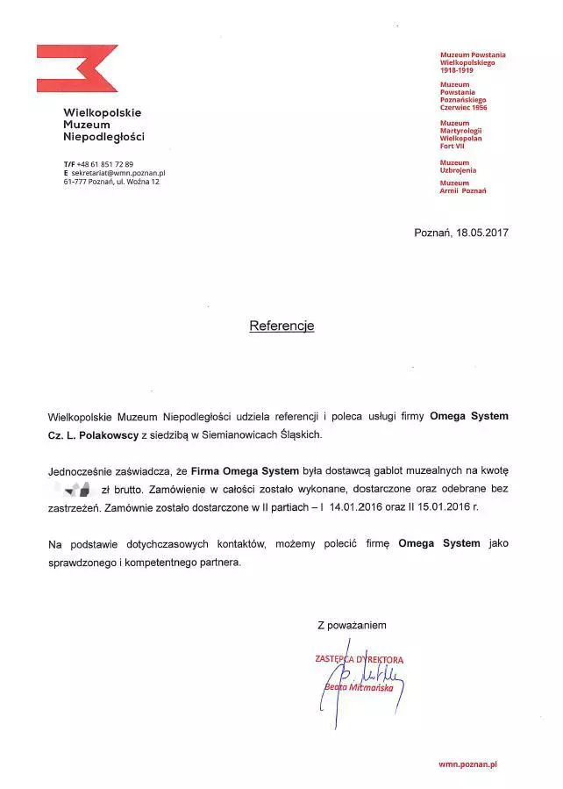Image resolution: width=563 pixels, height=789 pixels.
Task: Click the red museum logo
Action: pos(76,68)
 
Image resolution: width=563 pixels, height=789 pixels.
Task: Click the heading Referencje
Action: pos(281,326)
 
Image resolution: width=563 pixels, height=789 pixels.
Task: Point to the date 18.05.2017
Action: pos(482,233)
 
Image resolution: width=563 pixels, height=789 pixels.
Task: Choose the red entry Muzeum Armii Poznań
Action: pos(463,187)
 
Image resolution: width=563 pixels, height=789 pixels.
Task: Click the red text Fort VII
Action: pos(453,146)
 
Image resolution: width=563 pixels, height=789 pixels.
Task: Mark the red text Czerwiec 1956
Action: pos(463,108)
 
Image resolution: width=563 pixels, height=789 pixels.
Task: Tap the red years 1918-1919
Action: pos(456,69)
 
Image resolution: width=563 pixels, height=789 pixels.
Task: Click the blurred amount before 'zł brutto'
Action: pos(73,487)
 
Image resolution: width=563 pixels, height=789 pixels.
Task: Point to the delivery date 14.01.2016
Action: pos(360,506)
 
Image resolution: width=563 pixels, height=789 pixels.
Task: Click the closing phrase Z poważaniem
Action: pos(352,624)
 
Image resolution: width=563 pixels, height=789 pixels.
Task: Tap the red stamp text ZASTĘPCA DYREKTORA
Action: pos(359,659)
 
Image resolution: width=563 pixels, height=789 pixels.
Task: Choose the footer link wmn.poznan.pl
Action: pos(467,764)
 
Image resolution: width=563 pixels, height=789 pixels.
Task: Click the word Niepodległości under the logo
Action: pos(103,137)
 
